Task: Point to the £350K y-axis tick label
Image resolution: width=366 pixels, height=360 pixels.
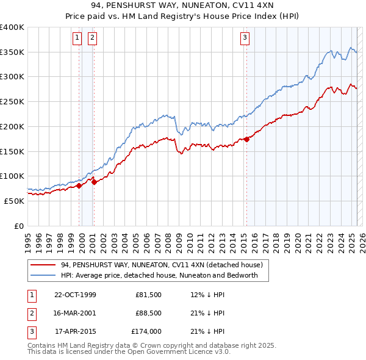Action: [x=12, y=52]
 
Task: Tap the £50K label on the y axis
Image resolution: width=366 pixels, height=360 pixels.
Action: [x=14, y=201]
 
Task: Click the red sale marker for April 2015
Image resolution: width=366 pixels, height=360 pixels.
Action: [x=246, y=140]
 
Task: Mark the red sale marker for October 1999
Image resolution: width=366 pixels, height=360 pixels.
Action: [x=79, y=185]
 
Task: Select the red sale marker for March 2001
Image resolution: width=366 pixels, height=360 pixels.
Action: [x=94, y=182]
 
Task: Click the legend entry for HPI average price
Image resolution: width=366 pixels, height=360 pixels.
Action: [x=159, y=275]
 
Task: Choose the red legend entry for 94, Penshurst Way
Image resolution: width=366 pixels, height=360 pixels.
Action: [x=161, y=265]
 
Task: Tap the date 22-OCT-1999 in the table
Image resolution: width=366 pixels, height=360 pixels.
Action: [x=75, y=295]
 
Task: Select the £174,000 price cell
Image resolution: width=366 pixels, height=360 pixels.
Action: [x=146, y=332]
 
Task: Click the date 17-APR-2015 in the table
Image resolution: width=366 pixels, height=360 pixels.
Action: [x=75, y=332]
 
